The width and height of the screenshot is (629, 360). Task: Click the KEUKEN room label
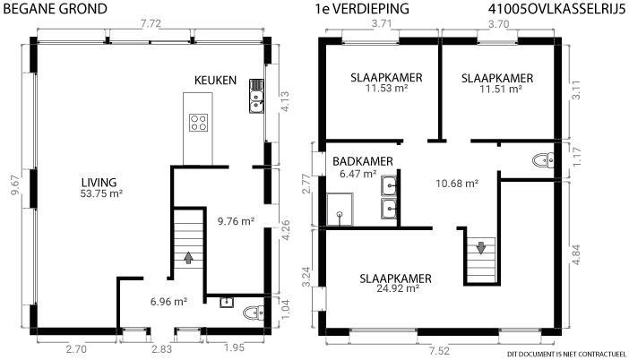coord(215,81)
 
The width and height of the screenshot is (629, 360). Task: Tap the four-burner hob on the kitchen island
coord(198,123)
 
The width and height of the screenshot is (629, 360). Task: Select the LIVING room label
coord(99,183)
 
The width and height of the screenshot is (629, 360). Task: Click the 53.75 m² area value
coord(101,193)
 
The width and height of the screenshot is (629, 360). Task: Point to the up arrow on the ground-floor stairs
coord(188,257)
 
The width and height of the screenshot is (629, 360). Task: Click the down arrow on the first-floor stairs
coord(481,247)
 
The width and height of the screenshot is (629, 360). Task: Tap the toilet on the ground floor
coord(254,313)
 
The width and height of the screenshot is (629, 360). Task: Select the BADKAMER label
coord(363,161)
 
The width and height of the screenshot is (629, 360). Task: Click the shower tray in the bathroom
coord(340,210)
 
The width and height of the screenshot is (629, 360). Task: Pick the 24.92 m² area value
coord(398,288)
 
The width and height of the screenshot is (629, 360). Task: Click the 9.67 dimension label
coord(15,185)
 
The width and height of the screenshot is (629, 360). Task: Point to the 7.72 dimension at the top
coord(151,23)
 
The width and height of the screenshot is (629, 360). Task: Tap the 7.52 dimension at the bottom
coord(439,351)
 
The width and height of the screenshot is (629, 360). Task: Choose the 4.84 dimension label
coord(576,254)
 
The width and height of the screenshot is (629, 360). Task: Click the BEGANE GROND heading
coord(55,9)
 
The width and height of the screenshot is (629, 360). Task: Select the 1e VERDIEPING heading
coord(362,9)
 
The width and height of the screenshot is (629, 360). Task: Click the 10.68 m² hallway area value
coord(457,184)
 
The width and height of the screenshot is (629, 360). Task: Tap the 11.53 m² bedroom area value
coord(386,88)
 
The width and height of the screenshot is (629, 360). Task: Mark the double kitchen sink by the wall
coord(256,96)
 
